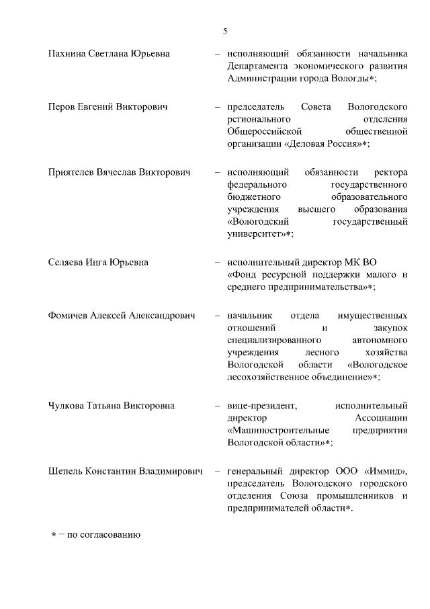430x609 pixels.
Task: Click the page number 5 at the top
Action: tap(225, 31)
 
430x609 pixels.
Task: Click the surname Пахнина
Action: tap(67, 53)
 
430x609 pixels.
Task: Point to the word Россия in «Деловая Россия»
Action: tap(339, 144)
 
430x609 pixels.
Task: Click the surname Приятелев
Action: tap(73, 172)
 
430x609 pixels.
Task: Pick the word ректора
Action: tap(390, 172)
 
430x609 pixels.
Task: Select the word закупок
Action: tap(390, 328)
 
